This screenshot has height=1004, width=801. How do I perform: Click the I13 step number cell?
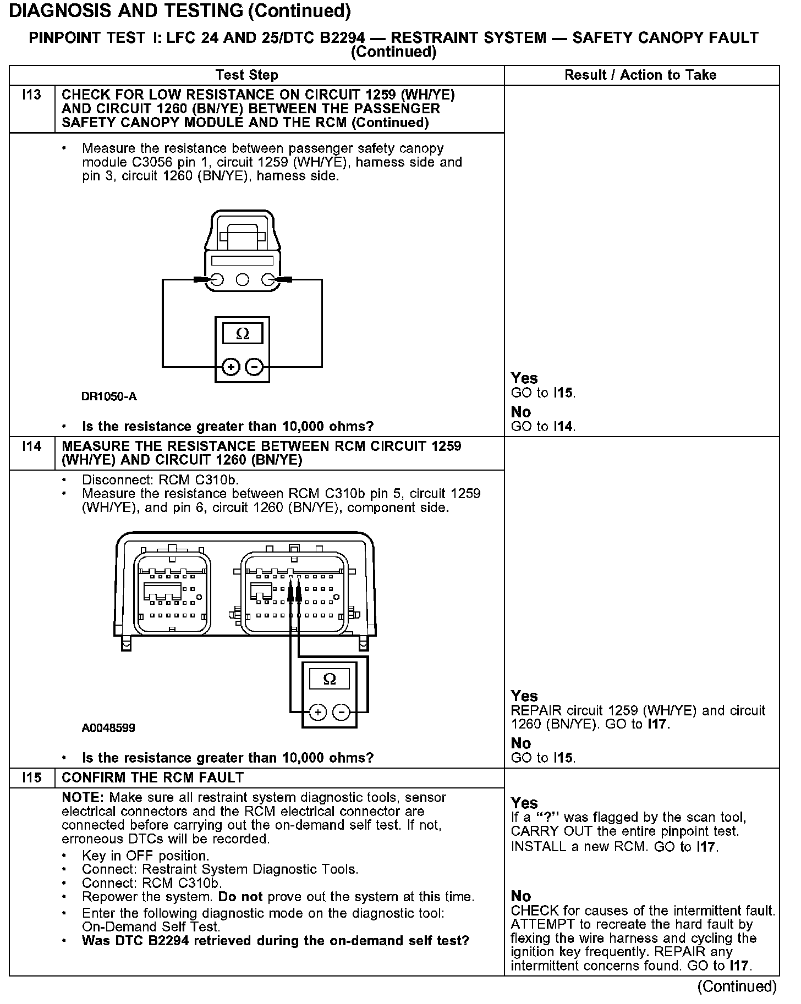[32, 95]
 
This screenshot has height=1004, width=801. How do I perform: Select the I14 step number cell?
[32, 446]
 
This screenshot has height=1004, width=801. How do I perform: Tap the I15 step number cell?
[32, 777]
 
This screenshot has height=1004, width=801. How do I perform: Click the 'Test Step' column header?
[247, 75]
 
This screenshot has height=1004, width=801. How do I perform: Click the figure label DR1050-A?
[109, 396]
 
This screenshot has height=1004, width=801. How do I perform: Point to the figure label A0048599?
[108, 728]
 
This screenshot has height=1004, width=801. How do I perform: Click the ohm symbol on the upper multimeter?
[242, 334]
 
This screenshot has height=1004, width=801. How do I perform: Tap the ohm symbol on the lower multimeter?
[330, 679]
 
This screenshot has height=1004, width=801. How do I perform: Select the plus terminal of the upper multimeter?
[231, 366]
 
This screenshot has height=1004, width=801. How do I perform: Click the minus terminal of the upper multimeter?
[254, 366]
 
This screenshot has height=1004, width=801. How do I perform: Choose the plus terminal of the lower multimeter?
[318, 713]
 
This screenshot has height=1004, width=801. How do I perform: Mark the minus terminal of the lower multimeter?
[341, 713]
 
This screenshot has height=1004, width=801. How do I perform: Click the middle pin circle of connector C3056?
[242, 280]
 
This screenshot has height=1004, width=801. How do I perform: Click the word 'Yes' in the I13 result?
[524, 378]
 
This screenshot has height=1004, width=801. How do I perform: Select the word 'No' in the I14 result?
[521, 743]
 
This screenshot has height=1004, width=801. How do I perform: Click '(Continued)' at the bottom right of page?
[737, 986]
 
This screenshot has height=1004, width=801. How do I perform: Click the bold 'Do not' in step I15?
[240, 897]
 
